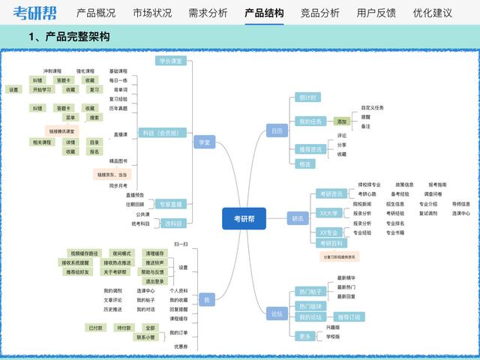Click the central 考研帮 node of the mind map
pos(244,218)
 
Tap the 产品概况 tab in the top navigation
pos(96,13)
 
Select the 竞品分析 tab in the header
pos(319,13)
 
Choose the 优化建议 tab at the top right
pos(432,13)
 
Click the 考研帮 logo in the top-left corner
pos(34,13)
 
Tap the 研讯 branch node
pos(298,218)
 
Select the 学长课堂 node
pos(170,61)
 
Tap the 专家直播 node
pos(171,204)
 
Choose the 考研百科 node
pos(331,244)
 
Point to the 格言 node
pos(304,163)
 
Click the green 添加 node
pos(342,121)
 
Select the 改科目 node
pos(173,223)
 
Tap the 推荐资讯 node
pos(310,148)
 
